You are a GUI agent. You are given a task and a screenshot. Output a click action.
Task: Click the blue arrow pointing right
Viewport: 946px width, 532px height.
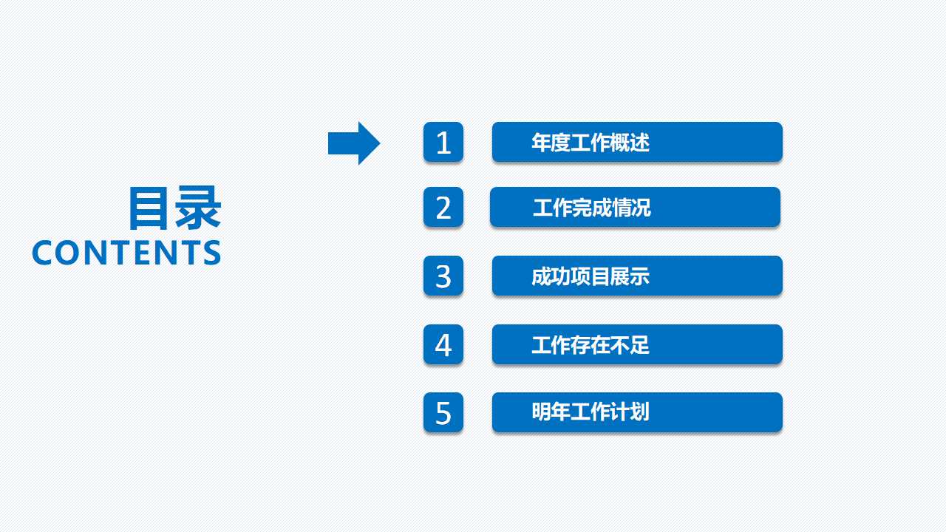[x=353, y=143]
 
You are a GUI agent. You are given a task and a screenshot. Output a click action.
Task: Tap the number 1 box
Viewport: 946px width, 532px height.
[x=443, y=142]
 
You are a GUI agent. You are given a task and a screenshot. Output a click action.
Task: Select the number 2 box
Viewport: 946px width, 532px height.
[x=443, y=207]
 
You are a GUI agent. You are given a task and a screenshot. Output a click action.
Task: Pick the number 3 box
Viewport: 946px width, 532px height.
[x=443, y=276]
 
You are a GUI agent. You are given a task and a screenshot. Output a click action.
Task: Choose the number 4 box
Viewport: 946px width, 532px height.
[x=443, y=344]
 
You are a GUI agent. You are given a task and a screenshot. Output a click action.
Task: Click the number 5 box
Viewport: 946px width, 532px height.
[x=443, y=412]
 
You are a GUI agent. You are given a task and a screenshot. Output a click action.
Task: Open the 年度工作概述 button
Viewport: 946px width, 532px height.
[x=637, y=142]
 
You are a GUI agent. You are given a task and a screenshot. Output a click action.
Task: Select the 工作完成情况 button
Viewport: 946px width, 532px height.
[x=635, y=207]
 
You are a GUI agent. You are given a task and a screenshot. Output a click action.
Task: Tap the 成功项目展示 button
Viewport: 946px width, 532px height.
[x=637, y=276]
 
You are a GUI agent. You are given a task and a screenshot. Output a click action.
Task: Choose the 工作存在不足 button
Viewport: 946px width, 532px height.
[x=637, y=344]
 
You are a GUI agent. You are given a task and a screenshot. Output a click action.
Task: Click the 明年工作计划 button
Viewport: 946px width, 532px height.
[x=637, y=412]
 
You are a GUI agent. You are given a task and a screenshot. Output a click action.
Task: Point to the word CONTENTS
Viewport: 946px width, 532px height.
[x=126, y=253]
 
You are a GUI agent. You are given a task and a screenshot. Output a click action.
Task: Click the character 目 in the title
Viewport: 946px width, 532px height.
[x=151, y=208]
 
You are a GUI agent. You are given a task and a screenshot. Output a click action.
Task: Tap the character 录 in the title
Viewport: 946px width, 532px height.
[x=198, y=208]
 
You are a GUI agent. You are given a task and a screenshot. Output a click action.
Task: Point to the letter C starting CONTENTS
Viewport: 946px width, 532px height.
[x=42, y=253]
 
